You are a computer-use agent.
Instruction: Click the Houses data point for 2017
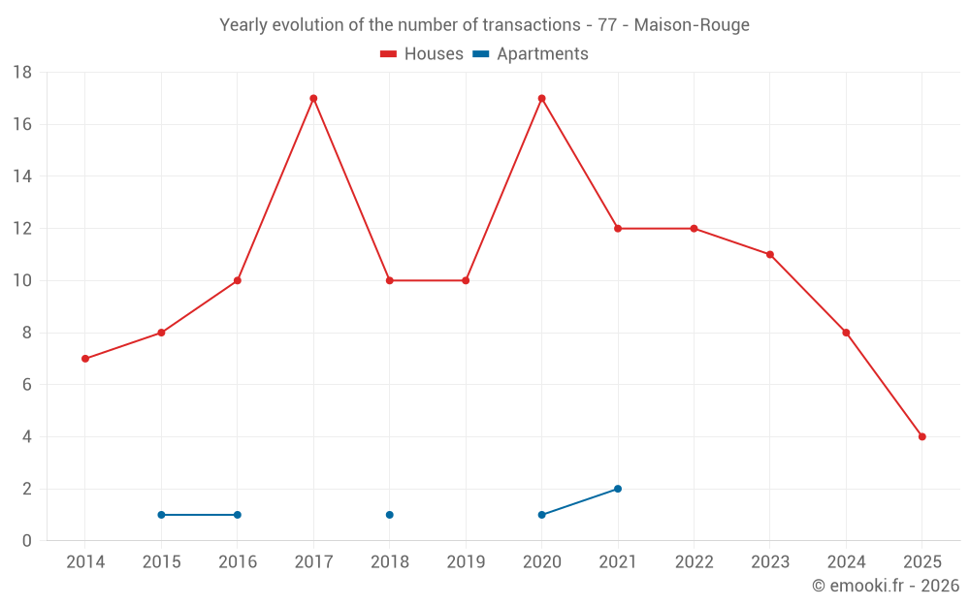(313, 98)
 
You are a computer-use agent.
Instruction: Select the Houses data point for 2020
(541, 98)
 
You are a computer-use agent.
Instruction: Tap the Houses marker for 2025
(921, 436)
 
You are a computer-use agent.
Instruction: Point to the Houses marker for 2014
(85, 359)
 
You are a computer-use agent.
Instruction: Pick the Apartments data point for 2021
(618, 489)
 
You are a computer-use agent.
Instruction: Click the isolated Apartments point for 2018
(389, 515)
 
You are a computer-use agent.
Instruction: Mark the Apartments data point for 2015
(161, 515)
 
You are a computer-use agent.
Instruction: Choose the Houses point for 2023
(770, 254)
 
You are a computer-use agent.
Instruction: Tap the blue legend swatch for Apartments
(480, 54)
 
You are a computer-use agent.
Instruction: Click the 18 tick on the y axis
(22, 73)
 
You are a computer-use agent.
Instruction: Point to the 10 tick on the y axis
(22, 281)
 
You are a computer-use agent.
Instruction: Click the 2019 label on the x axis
(466, 562)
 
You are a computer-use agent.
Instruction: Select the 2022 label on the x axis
(694, 562)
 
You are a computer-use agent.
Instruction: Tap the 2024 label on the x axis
(846, 562)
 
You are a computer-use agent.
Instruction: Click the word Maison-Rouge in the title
(692, 25)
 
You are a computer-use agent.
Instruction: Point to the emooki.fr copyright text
(885, 586)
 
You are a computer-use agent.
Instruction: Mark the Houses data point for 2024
(846, 333)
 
